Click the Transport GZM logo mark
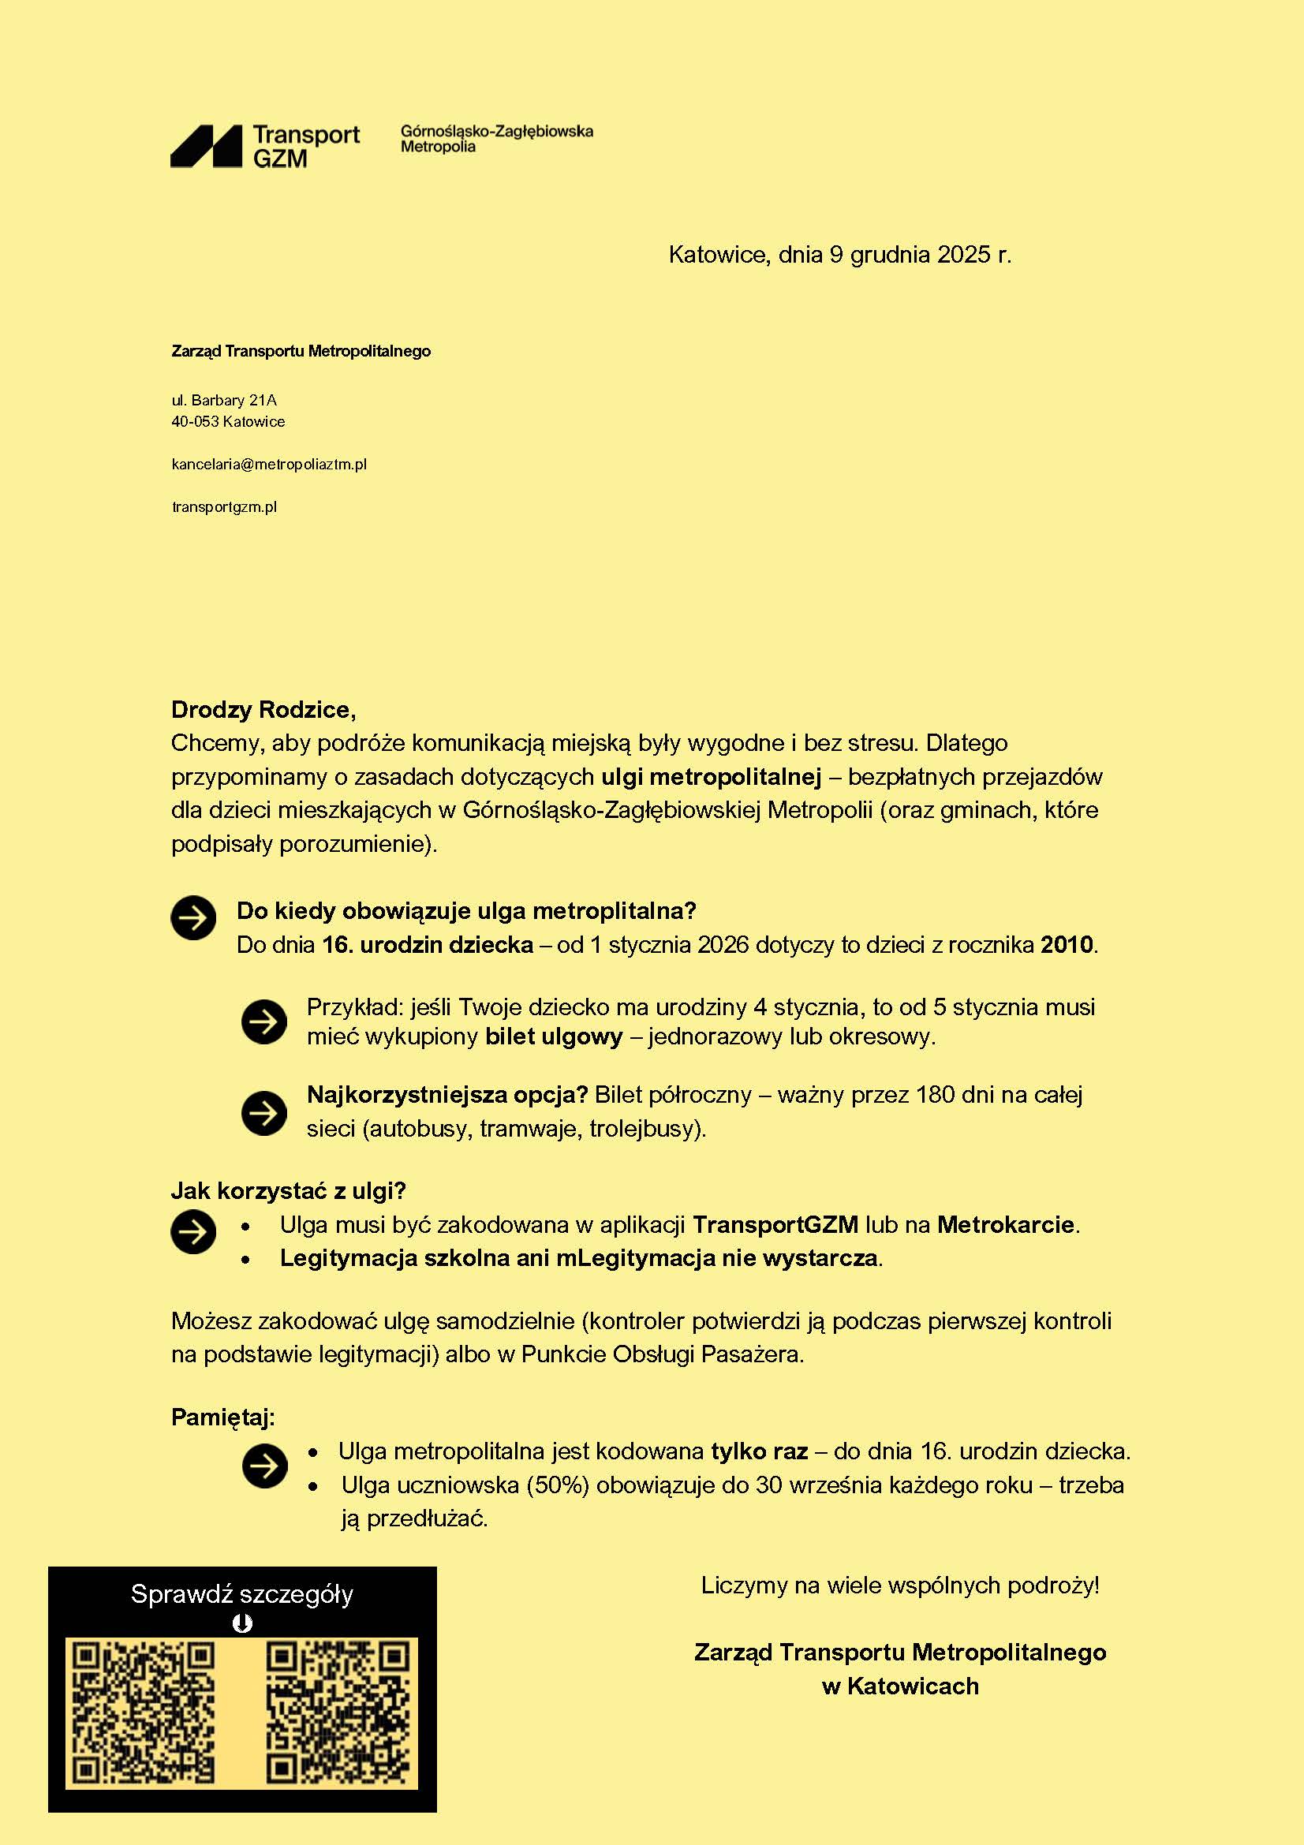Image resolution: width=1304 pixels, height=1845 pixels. pyautogui.click(x=206, y=146)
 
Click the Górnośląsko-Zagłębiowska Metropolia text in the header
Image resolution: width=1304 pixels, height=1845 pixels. pyautogui.click(x=496, y=138)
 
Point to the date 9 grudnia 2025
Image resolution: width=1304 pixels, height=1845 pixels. pyautogui.click(x=910, y=255)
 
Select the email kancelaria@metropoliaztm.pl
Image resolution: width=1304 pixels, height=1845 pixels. pyautogui.click(x=269, y=465)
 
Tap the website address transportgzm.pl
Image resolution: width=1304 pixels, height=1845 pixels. pyautogui.click(x=224, y=507)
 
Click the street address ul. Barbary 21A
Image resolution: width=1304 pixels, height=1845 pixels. pyautogui.click(x=224, y=400)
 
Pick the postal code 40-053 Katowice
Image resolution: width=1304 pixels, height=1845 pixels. pyautogui.click(x=228, y=422)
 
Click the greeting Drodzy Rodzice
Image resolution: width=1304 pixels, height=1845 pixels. pyautogui.click(x=263, y=710)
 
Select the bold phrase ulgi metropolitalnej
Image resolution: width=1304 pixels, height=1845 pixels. pyautogui.click(x=711, y=777)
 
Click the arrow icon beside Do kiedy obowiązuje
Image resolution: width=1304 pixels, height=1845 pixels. pyautogui.click(x=193, y=917)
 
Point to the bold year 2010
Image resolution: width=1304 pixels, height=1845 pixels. pyautogui.click(x=1067, y=944)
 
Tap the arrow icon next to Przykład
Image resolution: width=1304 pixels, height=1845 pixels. pyautogui.click(x=264, y=1022)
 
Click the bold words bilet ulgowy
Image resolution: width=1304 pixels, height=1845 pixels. pyautogui.click(x=554, y=1036)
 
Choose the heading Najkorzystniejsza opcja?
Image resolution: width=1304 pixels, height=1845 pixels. pyautogui.click(x=447, y=1095)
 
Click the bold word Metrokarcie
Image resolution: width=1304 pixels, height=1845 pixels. pyautogui.click(x=1005, y=1225)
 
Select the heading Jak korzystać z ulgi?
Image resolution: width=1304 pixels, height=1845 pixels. pyautogui.click(x=289, y=1191)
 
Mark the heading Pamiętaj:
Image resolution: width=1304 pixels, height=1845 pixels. pyautogui.click(x=222, y=1417)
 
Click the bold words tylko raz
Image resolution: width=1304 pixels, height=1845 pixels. pyautogui.click(x=759, y=1451)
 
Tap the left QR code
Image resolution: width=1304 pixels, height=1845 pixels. pyautogui.click(x=143, y=1712)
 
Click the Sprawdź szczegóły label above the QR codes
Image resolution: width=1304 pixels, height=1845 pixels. pyautogui.click(x=242, y=1594)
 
